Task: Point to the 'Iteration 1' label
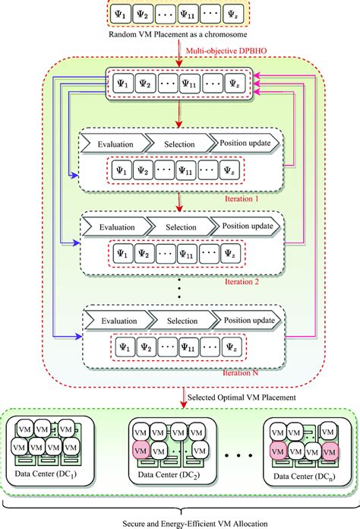tap(245, 198)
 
